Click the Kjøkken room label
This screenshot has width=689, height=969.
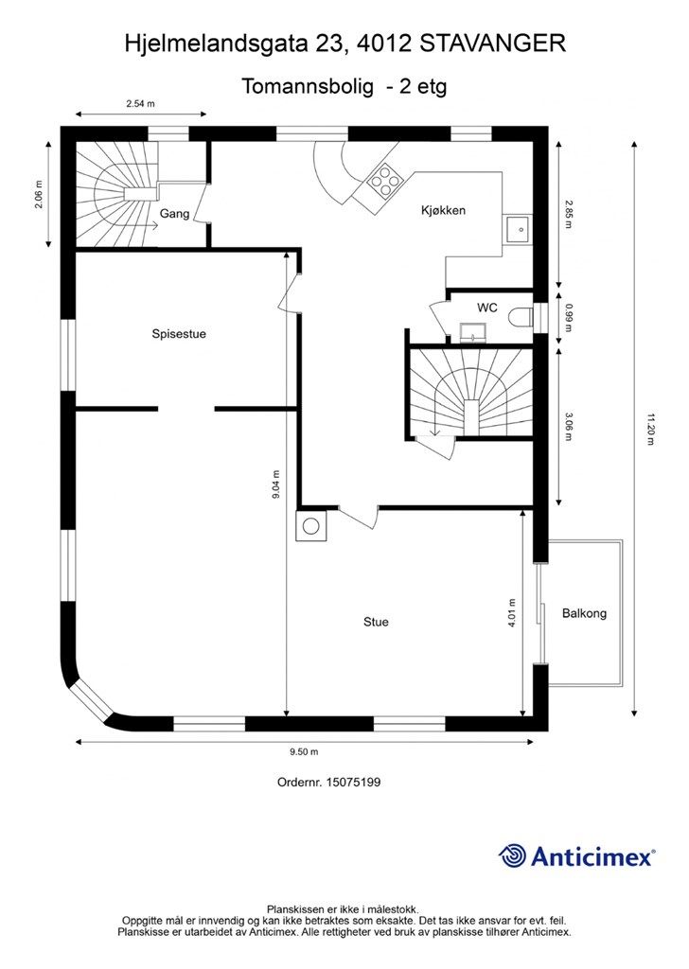[443, 210]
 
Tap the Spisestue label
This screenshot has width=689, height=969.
[179, 334]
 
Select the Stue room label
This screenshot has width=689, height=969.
[376, 622]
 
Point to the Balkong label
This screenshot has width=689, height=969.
[584, 613]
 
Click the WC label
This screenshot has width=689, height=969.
[486, 308]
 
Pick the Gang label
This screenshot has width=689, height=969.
[174, 214]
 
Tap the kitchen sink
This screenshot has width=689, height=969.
[517, 230]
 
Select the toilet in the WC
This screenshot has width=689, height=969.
[521, 318]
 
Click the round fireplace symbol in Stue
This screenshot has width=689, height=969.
[310, 526]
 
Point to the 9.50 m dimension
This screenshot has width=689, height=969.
[304, 752]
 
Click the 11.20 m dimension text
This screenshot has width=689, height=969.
[649, 429]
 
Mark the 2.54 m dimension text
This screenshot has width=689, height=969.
[140, 104]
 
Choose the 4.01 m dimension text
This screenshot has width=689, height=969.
[511, 612]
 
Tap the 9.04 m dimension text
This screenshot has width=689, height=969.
[275, 485]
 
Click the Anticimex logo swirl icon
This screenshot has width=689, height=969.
[512, 856]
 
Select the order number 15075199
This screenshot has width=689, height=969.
[354, 782]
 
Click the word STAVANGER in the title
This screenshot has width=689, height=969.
[492, 44]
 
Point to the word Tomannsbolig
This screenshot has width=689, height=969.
[308, 86]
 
